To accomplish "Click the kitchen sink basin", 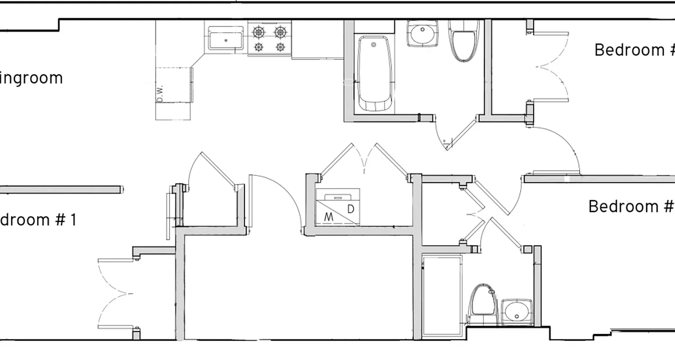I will (225, 39).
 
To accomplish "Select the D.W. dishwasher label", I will (160, 92).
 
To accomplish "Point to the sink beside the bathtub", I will (422, 34).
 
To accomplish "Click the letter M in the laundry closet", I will (329, 217).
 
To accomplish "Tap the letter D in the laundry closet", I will (351, 209).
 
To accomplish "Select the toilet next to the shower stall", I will (482, 304).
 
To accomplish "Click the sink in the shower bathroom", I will (517, 311).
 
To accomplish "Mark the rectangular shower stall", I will (442, 295).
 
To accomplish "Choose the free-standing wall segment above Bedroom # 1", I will (61, 189).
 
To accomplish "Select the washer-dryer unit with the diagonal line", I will (338, 207).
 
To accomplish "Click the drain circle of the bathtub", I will (373, 45).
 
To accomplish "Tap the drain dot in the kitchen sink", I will (225, 40).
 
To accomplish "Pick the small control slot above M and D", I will (337, 197).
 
